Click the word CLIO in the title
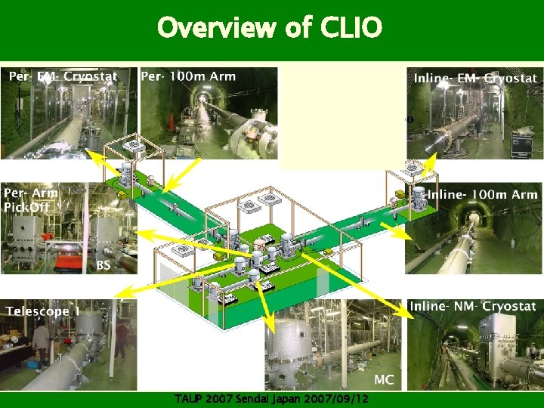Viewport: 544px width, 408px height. click(351, 28)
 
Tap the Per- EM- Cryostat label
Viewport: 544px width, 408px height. click(63, 76)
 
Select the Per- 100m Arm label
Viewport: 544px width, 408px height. click(188, 76)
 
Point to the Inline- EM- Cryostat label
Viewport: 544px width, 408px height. click(475, 78)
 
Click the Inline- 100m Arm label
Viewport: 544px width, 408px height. click(482, 195)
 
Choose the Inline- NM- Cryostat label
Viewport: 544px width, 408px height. click(472, 306)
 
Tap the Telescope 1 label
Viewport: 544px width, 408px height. click(43, 311)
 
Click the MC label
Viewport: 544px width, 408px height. click(383, 379)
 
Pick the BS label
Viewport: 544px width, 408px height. click(104, 265)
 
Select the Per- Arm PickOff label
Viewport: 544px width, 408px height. click(31, 200)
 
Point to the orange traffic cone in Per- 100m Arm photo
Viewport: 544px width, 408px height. click(172, 120)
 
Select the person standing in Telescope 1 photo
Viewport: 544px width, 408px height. click(41, 344)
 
